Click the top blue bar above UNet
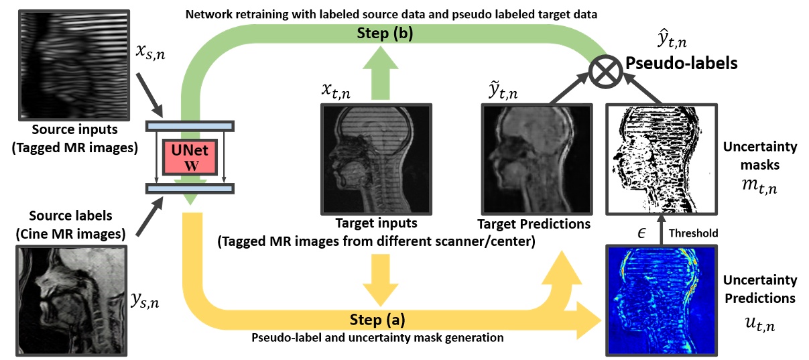click(190, 126)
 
